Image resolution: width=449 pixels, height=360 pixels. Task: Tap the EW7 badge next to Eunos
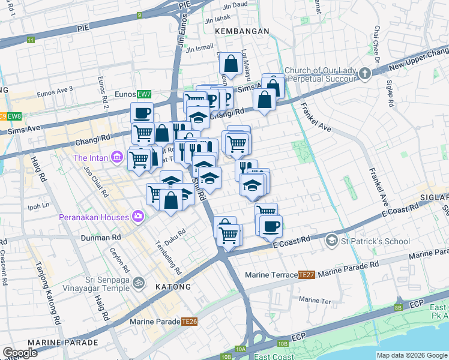[x=143, y=94]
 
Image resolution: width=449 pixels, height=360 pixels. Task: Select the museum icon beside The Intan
[x=117, y=158]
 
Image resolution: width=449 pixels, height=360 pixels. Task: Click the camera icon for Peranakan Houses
[x=139, y=217]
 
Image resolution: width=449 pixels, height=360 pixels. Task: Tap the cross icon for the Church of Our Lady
[x=365, y=74]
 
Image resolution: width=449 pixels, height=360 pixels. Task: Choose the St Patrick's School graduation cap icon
[x=331, y=241]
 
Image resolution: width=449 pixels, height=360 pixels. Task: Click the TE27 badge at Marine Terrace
[x=306, y=275]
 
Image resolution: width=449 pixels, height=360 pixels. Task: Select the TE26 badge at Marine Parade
[x=190, y=322]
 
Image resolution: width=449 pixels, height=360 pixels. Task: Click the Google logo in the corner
[x=20, y=353]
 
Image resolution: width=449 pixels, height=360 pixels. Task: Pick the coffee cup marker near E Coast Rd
[x=271, y=226]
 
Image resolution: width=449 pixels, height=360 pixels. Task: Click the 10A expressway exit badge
[x=241, y=349]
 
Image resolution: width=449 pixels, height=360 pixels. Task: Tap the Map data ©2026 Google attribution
[x=412, y=355]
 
